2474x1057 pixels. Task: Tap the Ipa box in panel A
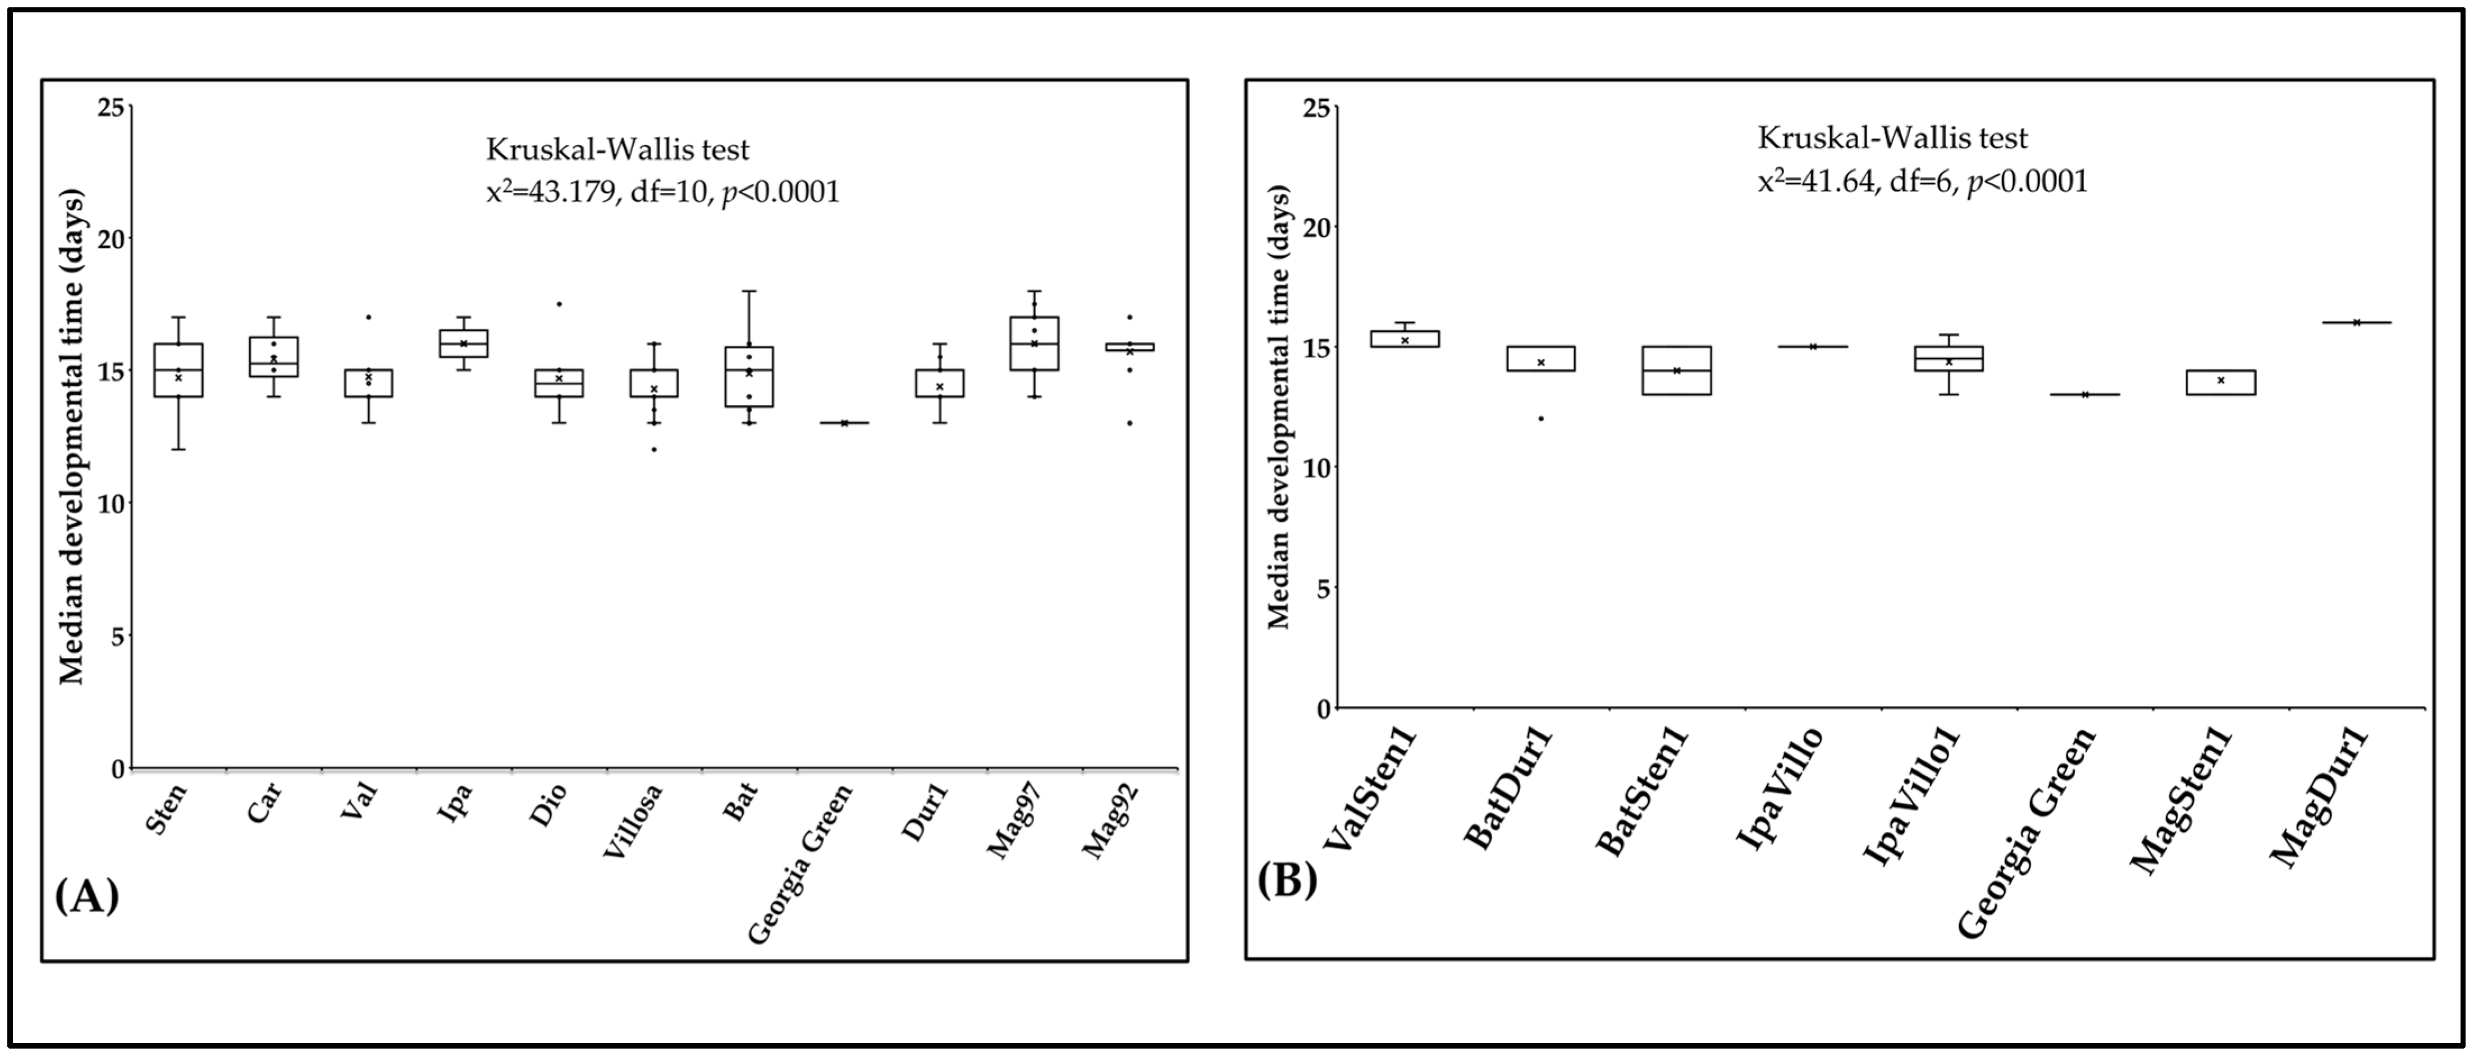tap(464, 344)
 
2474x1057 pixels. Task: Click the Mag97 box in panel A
tap(1035, 343)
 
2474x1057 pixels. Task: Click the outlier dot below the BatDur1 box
tap(1540, 419)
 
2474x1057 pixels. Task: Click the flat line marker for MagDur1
tap(2356, 323)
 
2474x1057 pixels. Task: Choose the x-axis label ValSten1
tap(1373, 790)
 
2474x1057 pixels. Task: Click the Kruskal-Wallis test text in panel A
tap(618, 150)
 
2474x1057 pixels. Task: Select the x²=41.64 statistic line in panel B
tap(1923, 181)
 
